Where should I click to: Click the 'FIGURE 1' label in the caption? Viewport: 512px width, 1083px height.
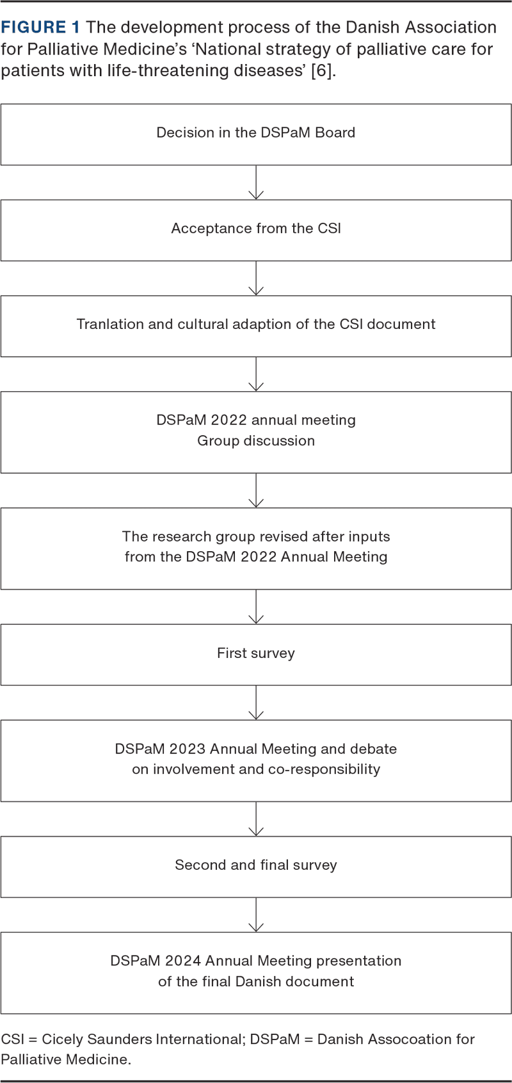pyautogui.click(x=40, y=27)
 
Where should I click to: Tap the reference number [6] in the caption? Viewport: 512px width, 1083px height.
pyautogui.click(x=321, y=70)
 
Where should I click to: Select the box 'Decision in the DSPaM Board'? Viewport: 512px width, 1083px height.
pyautogui.click(x=256, y=134)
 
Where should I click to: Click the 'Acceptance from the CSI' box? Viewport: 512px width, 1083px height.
pyautogui.click(x=256, y=230)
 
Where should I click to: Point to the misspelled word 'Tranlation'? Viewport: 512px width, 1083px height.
pyautogui.click(x=109, y=324)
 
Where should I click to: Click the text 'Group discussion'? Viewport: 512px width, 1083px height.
pyautogui.click(x=256, y=441)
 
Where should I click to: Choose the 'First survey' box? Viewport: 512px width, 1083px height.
pyautogui.click(x=256, y=655)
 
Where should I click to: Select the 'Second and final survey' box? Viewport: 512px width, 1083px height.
pyautogui.click(x=256, y=867)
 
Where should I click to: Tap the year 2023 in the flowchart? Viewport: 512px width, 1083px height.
pyautogui.click(x=188, y=748)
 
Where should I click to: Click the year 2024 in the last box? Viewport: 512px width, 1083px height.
pyautogui.click(x=183, y=961)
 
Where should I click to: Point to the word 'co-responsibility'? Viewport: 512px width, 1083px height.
pyautogui.click(x=324, y=769)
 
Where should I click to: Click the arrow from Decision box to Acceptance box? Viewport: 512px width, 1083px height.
pyautogui.click(x=256, y=182)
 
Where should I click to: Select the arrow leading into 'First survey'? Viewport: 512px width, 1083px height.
pyautogui.click(x=256, y=607)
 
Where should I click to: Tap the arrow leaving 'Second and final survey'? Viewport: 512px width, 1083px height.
pyautogui.click(x=256, y=915)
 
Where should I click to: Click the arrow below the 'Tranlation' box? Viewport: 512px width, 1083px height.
pyautogui.click(x=256, y=374)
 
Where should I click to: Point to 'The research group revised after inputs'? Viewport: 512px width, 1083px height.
pyautogui.click(x=256, y=536)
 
